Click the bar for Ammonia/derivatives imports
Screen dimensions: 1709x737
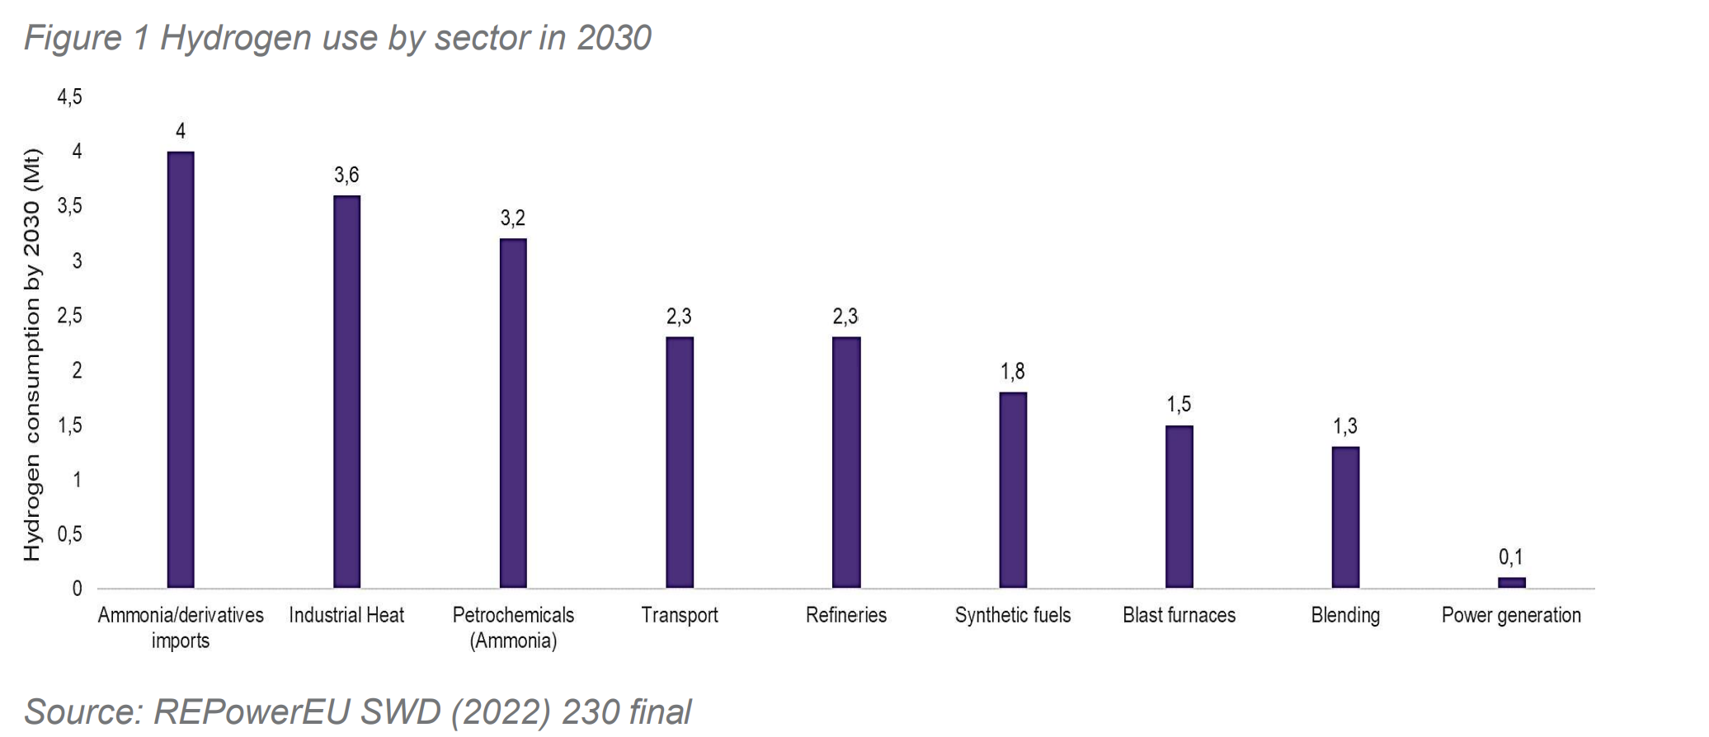pos(181,369)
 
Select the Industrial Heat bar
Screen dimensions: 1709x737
pos(346,392)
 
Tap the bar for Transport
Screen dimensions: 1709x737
pos(680,462)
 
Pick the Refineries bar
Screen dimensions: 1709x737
pos(846,462)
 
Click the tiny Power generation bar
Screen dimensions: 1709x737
pos(1512,582)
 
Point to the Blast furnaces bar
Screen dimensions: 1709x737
pos(1179,506)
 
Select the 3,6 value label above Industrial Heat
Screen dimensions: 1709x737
pos(346,175)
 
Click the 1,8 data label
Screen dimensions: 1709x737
pos(1013,372)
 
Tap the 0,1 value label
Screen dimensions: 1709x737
pos(1511,558)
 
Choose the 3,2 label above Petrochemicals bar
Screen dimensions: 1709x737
pos(512,218)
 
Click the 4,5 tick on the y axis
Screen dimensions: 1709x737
pos(69,98)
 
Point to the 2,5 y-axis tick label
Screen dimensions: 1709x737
pos(69,317)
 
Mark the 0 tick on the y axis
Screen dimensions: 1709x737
pos(77,589)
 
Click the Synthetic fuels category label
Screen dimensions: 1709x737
pos(1013,615)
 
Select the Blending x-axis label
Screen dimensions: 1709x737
pos(1345,615)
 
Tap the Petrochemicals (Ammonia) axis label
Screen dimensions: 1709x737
pos(513,628)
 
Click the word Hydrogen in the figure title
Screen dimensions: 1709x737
pos(236,38)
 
